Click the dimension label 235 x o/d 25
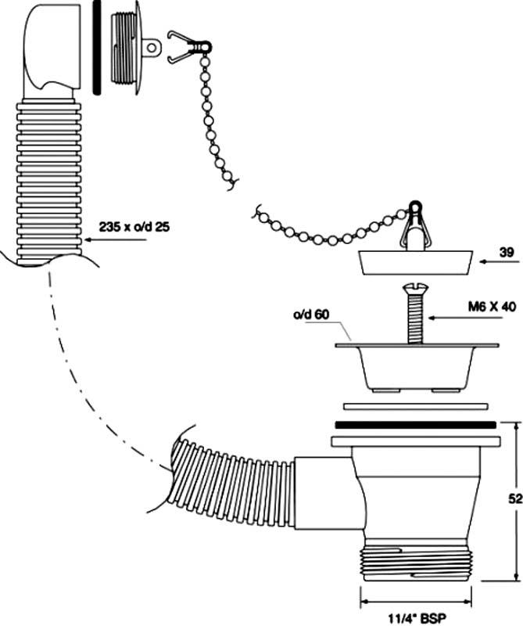(135, 227)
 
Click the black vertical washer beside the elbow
(98, 47)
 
